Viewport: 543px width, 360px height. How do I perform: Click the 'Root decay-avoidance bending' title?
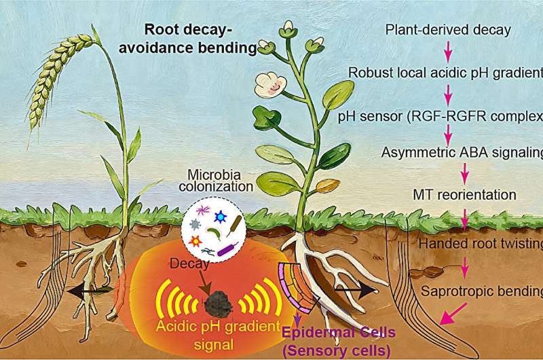tap(188, 39)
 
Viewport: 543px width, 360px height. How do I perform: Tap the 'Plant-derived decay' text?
tap(448, 30)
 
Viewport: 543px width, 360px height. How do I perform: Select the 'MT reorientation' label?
tap(464, 195)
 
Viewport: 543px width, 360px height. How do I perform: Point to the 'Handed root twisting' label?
tap(481, 244)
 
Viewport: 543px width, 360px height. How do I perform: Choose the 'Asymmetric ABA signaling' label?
tap(462, 152)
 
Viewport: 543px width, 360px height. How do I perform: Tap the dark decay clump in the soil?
tap(218, 302)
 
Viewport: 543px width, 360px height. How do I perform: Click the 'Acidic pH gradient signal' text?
tap(218, 336)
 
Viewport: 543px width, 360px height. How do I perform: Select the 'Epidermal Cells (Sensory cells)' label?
tap(338, 342)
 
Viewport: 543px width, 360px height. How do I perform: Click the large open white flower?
tap(270, 84)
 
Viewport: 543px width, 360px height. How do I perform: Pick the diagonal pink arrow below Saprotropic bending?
tap(453, 313)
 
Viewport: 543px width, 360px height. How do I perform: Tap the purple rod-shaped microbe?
tap(227, 249)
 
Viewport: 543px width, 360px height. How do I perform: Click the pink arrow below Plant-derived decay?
tap(448, 51)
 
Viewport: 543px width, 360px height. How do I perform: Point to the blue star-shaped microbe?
tap(220, 217)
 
